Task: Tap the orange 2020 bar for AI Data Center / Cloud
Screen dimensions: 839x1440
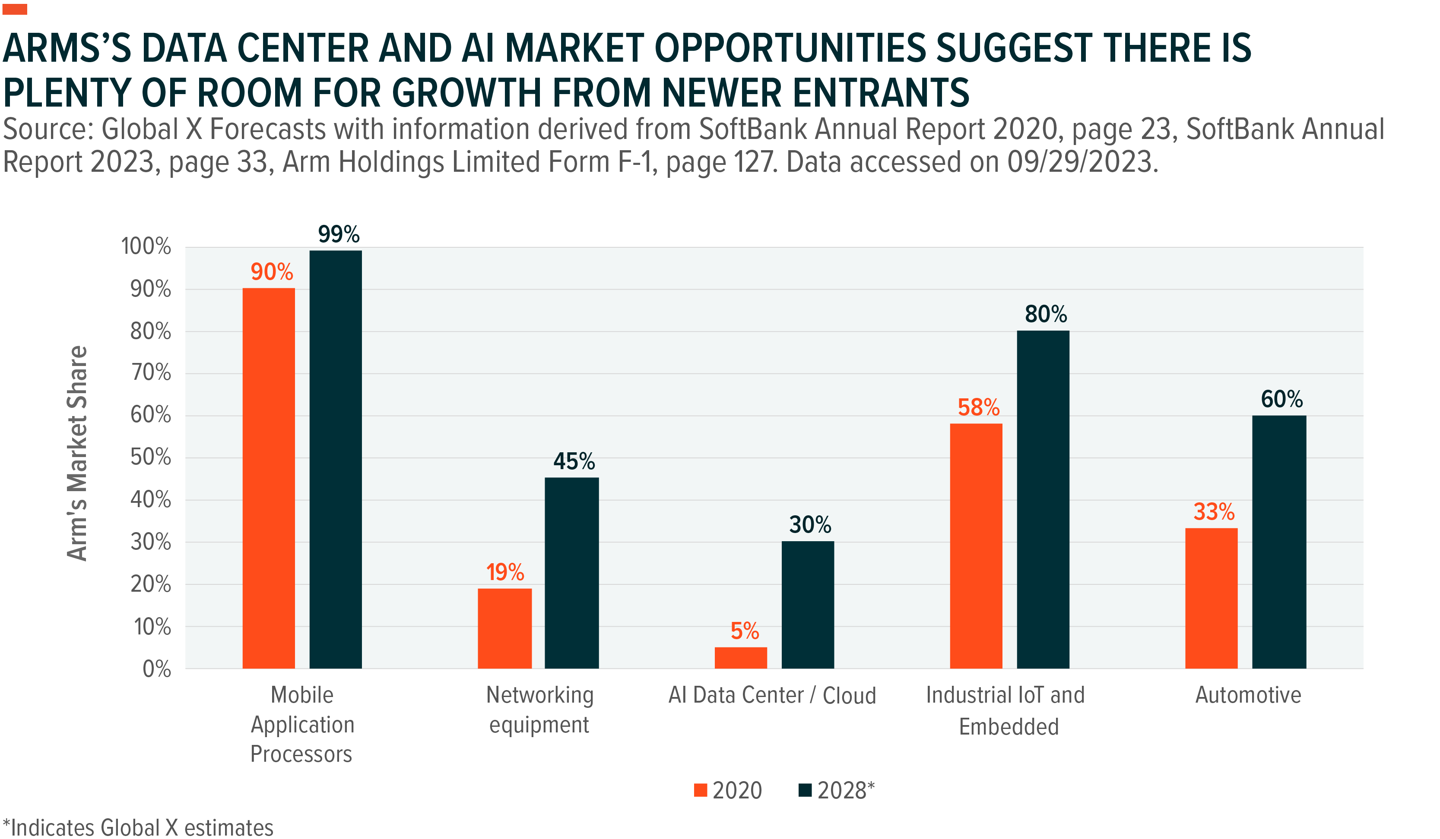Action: (x=741, y=657)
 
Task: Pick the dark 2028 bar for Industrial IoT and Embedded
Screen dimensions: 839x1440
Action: (x=1043, y=499)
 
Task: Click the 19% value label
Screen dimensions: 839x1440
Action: (x=504, y=572)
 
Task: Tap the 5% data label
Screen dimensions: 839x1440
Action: (x=745, y=631)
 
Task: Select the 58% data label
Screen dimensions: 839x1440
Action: (x=978, y=408)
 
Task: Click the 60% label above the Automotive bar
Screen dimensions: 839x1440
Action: (x=1282, y=399)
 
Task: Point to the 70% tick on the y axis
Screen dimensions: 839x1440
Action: (x=151, y=373)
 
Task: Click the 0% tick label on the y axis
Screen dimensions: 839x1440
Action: (x=157, y=669)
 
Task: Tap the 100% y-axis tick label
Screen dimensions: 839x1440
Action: (x=146, y=247)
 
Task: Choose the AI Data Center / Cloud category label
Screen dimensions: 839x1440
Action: (x=772, y=695)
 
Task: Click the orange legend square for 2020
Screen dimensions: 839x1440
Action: (x=700, y=791)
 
